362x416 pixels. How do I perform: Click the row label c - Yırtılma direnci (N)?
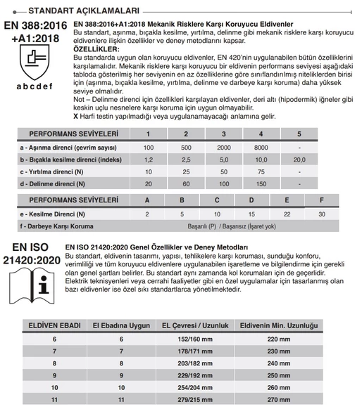point(59,171)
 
